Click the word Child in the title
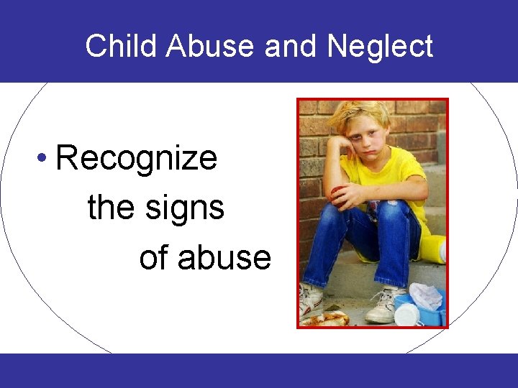(x=122, y=47)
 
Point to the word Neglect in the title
(x=380, y=47)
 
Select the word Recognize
(x=137, y=158)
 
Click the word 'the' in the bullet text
(x=111, y=208)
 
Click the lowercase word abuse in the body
(x=224, y=258)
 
